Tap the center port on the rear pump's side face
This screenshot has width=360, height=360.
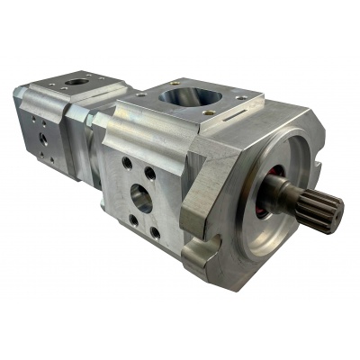pyautogui.click(x=40, y=140)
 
